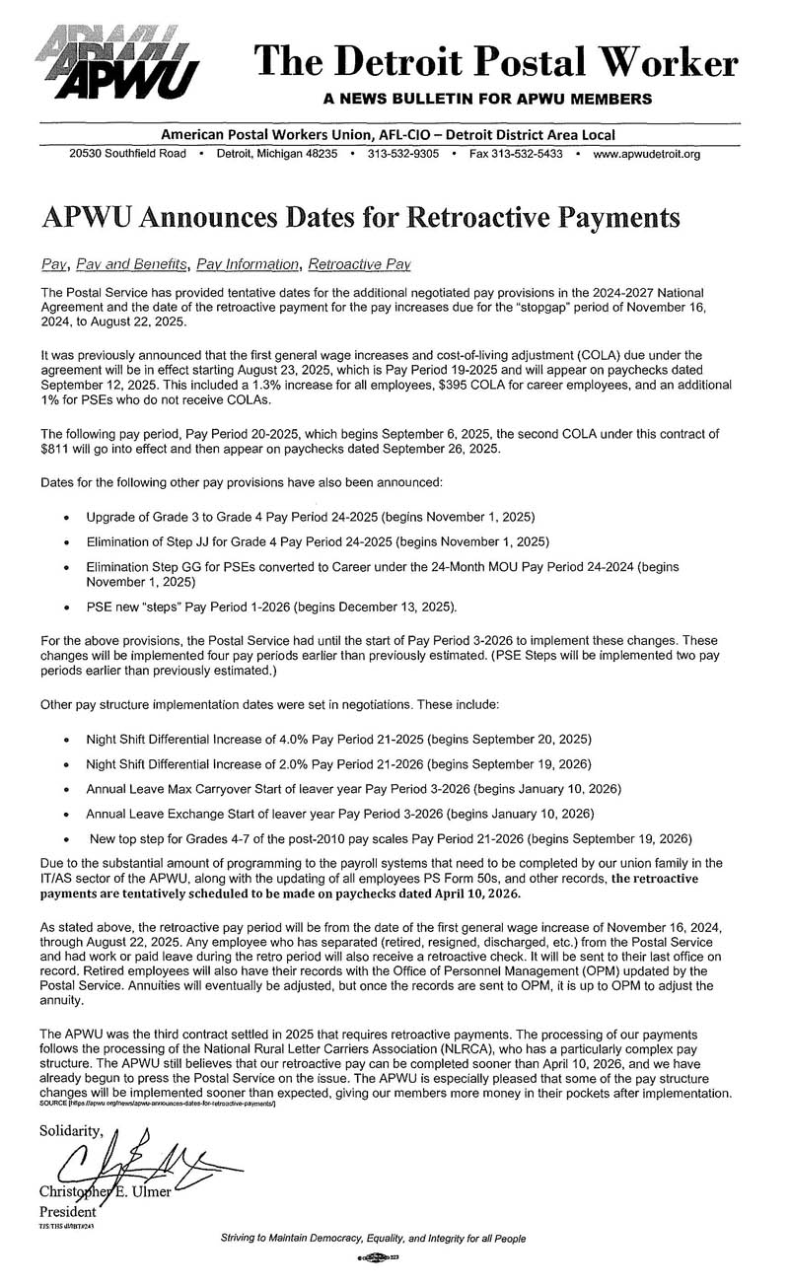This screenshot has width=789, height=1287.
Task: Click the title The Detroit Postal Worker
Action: coord(495,62)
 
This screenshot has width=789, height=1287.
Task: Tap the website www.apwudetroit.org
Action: coord(647,155)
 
